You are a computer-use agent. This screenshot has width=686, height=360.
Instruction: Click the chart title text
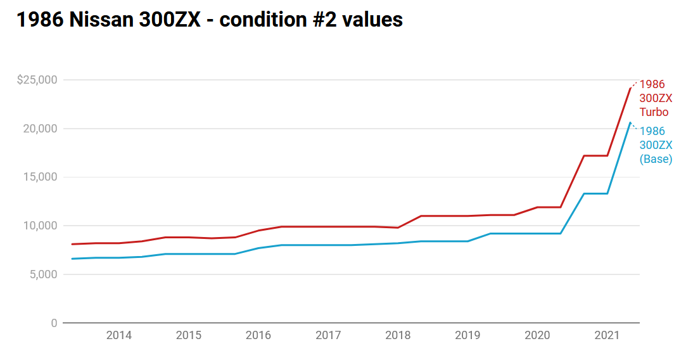(210, 20)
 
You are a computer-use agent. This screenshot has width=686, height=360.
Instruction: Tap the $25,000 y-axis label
(37, 80)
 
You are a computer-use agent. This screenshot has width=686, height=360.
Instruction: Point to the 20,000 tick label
(41, 129)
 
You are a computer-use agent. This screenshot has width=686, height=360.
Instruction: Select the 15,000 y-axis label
(41, 177)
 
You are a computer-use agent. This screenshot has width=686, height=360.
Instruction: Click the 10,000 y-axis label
(41, 226)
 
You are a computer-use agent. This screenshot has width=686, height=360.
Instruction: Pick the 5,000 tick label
(43, 274)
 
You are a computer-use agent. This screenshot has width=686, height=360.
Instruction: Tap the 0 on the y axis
(54, 323)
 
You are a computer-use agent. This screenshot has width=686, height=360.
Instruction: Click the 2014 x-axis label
(119, 335)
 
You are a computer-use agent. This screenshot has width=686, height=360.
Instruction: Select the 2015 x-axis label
(189, 335)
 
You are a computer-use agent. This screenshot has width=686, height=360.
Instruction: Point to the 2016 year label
(258, 335)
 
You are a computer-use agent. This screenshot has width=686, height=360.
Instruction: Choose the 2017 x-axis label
(328, 335)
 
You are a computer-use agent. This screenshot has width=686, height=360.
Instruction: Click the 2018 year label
(398, 335)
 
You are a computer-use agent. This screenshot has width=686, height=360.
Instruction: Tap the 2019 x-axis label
(467, 335)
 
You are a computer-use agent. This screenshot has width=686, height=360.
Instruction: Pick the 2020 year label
(537, 335)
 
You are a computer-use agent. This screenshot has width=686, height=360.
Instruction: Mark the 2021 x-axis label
(607, 335)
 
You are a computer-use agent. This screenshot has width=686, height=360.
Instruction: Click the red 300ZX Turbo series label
(656, 98)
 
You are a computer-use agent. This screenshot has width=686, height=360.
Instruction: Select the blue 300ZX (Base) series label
(656, 145)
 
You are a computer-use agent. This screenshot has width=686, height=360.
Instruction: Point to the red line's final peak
(630, 89)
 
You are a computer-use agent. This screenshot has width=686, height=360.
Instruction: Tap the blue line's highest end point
(630, 122)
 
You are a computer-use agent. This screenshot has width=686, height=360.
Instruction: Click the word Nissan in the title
(101, 20)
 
